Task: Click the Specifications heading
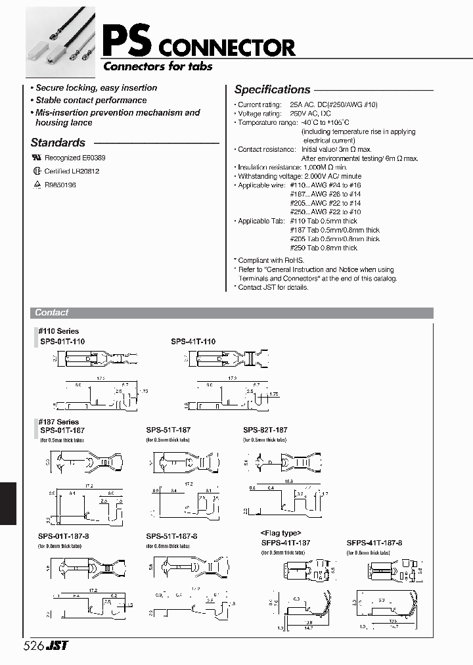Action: click(x=272, y=90)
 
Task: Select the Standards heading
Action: click(x=58, y=143)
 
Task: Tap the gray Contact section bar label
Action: click(x=51, y=313)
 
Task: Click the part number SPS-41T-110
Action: click(x=193, y=341)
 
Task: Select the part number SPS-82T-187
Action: click(x=265, y=430)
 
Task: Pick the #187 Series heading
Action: click(x=58, y=422)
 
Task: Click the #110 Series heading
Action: click(x=58, y=331)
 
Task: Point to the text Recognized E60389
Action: click(x=74, y=158)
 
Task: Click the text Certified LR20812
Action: click(x=72, y=171)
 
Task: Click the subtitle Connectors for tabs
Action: click(x=158, y=66)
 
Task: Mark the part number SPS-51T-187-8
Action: click(x=171, y=536)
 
